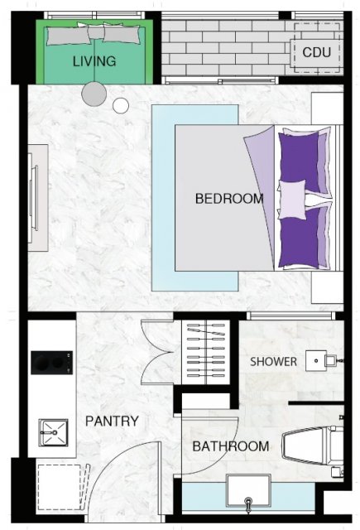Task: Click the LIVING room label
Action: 94,61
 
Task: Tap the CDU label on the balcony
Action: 316,52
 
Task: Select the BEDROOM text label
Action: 229,199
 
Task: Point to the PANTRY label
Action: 112,422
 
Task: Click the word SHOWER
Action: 273,362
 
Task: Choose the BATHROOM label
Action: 231,446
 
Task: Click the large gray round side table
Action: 94,94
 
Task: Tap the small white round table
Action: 121,106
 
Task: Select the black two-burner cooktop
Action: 51,363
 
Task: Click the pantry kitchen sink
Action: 53,432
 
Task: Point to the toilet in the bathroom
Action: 312,446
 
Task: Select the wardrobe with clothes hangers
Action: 206,352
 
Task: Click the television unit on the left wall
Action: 37,198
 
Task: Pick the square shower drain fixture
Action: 316,361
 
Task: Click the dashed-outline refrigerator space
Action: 60,487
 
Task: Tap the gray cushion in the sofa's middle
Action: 96,32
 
